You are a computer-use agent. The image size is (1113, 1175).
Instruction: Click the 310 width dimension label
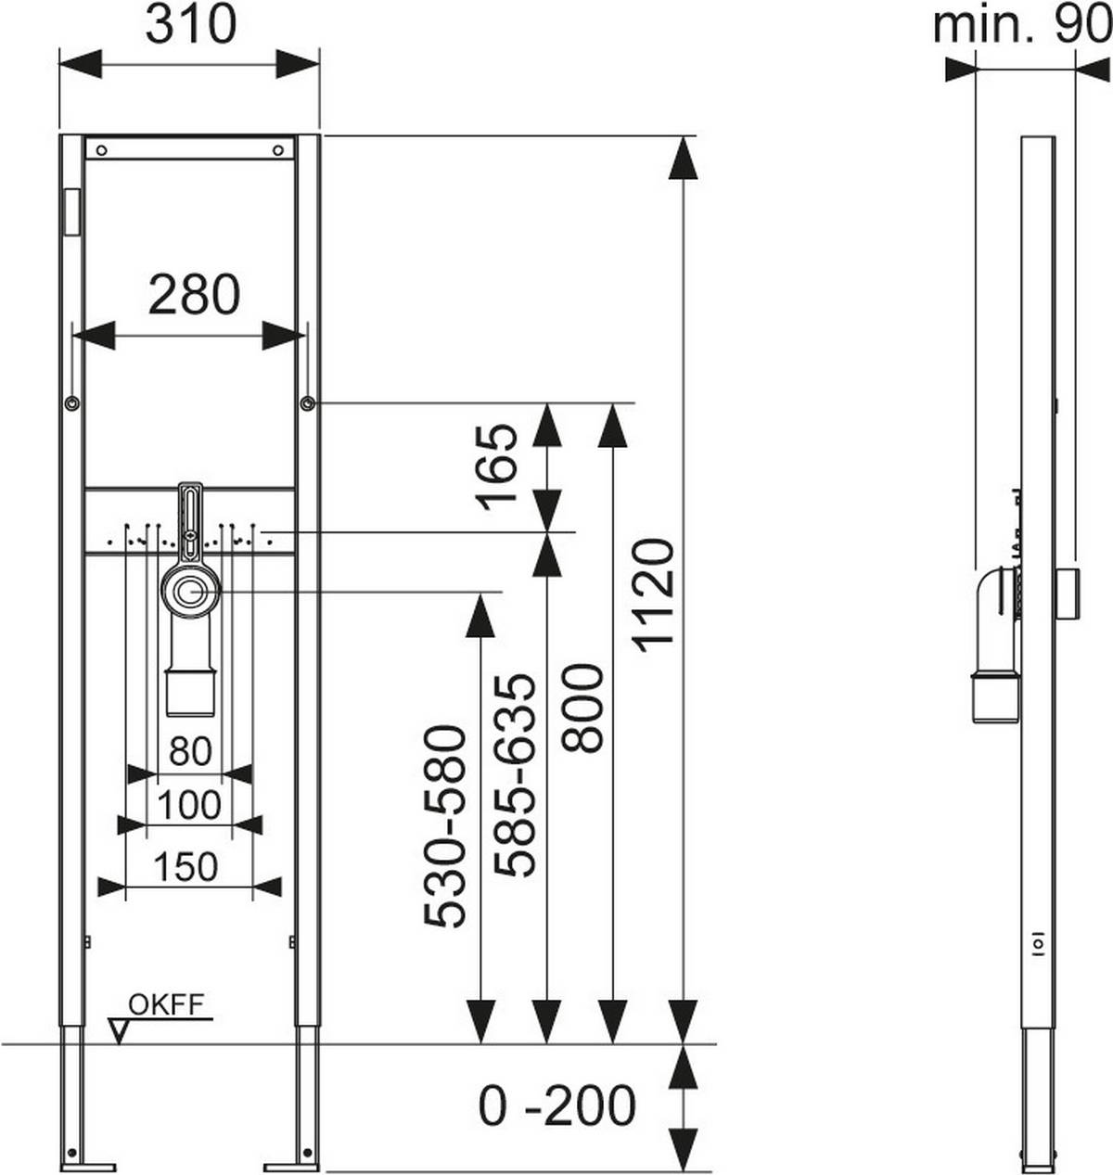click(x=190, y=25)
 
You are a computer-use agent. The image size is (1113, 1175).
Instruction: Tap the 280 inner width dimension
click(x=194, y=295)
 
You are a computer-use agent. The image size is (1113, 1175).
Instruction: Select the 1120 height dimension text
click(x=656, y=594)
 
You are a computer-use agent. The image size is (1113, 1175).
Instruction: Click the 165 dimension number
click(x=498, y=464)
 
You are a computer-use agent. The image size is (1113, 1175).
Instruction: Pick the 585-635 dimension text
click(x=516, y=774)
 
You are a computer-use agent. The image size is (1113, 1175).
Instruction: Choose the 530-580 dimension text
click(x=444, y=825)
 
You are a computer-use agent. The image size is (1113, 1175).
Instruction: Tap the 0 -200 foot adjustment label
click(x=557, y=1105)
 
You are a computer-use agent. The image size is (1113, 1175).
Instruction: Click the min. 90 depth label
click(x=1020, y=25)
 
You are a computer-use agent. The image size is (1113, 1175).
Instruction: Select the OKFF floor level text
click(x=166, y=1004)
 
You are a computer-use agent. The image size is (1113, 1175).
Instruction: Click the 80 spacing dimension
click(x=190, y=750)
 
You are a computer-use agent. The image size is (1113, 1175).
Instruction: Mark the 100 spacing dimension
click(x=189, y=805)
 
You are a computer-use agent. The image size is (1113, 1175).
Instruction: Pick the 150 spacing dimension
click(x=185, y=866)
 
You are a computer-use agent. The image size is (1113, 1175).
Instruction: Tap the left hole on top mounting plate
click(x=102, y=149)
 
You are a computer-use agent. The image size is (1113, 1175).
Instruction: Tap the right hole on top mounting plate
click(x=277, y=149)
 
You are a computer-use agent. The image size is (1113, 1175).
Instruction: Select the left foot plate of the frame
click(x=89, y=1166)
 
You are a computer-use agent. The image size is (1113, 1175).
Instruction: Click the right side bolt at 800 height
click(x=307, y=403)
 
